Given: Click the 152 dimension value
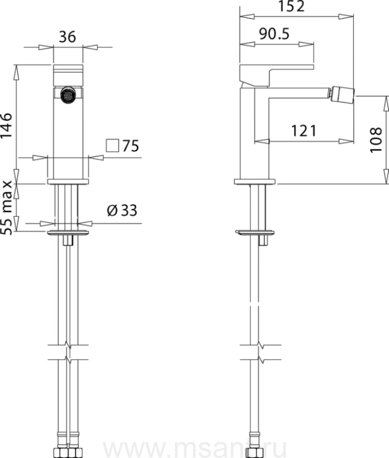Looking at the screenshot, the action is [291, 6].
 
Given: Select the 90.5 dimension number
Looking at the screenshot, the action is [274, 34].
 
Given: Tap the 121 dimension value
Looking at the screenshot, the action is [303, 131].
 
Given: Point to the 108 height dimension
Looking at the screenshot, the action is [376, 139].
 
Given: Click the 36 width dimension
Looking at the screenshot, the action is [68, 37].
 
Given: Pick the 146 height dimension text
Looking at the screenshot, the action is [7, 126].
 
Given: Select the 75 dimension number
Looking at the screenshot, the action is [130, 146].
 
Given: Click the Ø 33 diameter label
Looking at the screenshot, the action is [122, 210].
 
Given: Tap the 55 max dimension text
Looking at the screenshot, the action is [7, 208].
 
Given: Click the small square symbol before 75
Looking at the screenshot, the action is [113, 146].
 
